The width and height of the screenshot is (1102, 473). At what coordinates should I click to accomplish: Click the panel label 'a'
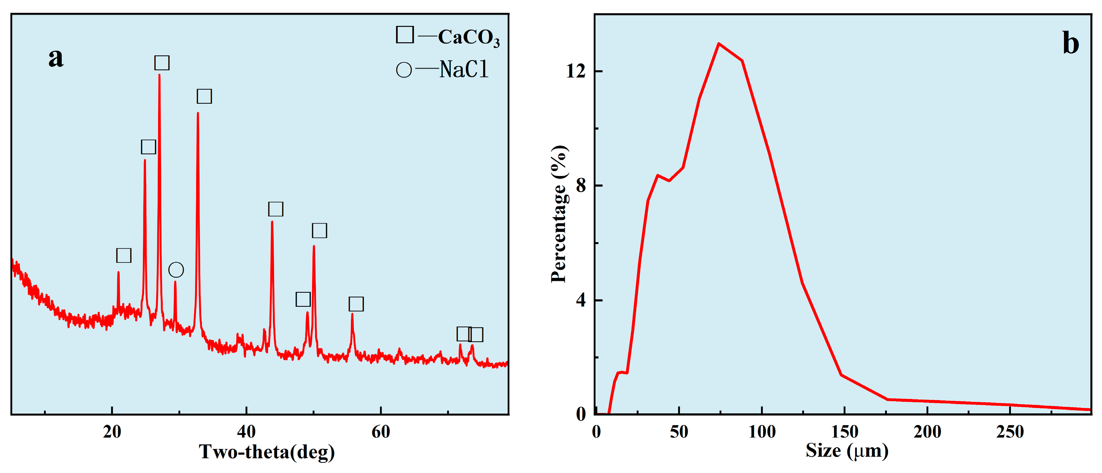pyautogui.click(x=55, y=57)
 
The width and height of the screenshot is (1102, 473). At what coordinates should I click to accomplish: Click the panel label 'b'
pyautogui.click(x=1070, y=44)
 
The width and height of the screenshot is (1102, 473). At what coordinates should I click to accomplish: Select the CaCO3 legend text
pyautogui.click(x=468, y=37)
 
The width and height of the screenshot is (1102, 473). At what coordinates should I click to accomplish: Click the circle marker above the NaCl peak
pyautogui.click(x=176, y=270)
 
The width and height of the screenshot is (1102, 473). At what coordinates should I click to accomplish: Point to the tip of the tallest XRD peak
pyautogui.click(x=159, y=75)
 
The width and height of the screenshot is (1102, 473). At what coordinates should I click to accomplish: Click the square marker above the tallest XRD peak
pyautogui.click(x=162, y=63)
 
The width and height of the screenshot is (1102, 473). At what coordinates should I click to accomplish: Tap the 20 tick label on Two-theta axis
pyautogui.click(x=112, y=432)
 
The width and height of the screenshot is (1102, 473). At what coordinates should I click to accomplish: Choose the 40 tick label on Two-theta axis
pyautogui.click(x=246, y=432)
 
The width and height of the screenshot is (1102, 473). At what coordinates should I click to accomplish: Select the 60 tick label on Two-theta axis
pyautogui.click(x=381, y=432)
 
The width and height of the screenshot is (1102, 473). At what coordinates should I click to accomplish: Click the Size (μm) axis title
pyautogui.click(x=847, y=451)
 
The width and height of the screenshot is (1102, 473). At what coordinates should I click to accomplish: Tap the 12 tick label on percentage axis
pyautogui.click(x=576, y=71)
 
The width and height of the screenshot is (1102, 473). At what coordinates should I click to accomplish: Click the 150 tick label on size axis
pyautogui.click(x=845, y=432)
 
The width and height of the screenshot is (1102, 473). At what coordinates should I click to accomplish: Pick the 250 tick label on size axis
pyautogui.click(x=1010, y=432)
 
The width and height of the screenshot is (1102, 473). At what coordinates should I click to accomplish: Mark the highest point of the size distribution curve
pyautogui.click(x=719, y=43)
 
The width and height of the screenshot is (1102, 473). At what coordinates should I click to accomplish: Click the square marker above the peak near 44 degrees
pyautogui.click(x=276, y=209)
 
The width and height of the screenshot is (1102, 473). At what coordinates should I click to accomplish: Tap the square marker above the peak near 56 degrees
pyautogui.click(x=356, y=304)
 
